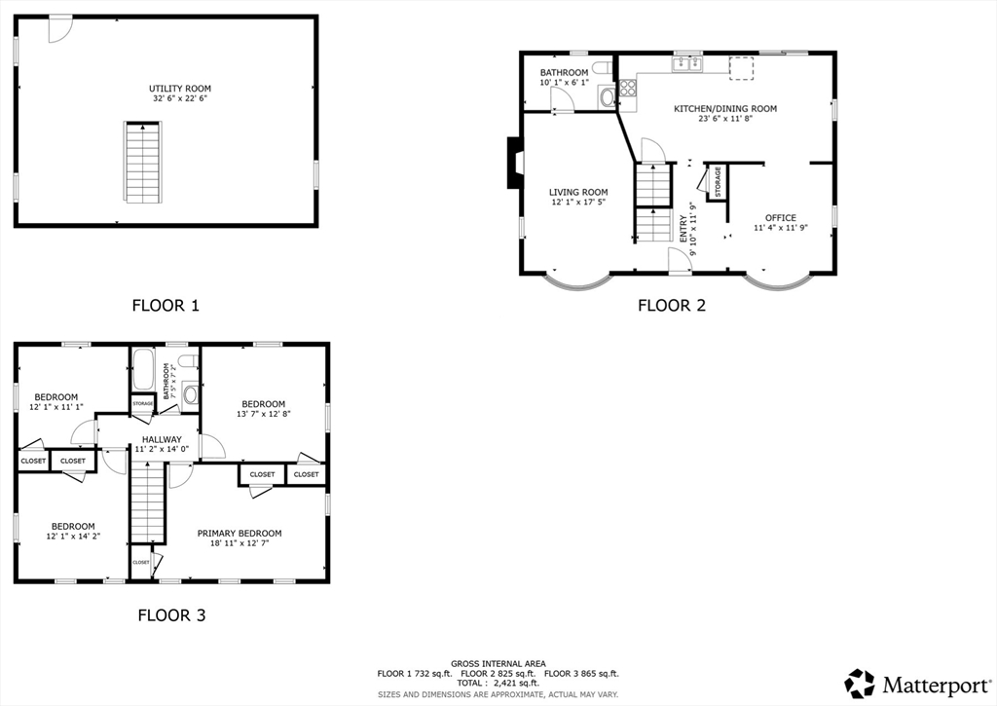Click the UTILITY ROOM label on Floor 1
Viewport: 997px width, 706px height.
(180, 89)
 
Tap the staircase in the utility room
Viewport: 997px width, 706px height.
(142, 163)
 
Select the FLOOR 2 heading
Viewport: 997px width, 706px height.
(672, 306)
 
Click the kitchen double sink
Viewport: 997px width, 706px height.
(687, 63)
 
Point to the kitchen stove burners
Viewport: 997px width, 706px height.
(628, 87)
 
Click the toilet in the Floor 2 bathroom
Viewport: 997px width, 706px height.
(602, 67)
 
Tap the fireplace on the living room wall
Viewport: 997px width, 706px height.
(514, 163)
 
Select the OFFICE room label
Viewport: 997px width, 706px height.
(781, 217)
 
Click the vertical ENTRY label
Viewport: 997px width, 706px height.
(683, 228)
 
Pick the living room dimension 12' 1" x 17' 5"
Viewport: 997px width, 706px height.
(578, 202)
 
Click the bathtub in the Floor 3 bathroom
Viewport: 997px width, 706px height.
(143, 369)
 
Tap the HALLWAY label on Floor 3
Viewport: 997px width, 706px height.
(162, 439)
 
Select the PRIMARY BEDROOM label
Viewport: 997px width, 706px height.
(240, 533)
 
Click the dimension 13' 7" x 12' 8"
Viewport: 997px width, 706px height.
(263, 414)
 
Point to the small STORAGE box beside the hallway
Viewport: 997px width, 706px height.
(142, 404)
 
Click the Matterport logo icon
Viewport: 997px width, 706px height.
(860, 684)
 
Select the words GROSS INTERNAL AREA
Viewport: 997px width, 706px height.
(498, 663)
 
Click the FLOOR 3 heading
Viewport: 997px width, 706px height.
(171, 615)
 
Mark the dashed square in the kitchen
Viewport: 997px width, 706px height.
(741, 68)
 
